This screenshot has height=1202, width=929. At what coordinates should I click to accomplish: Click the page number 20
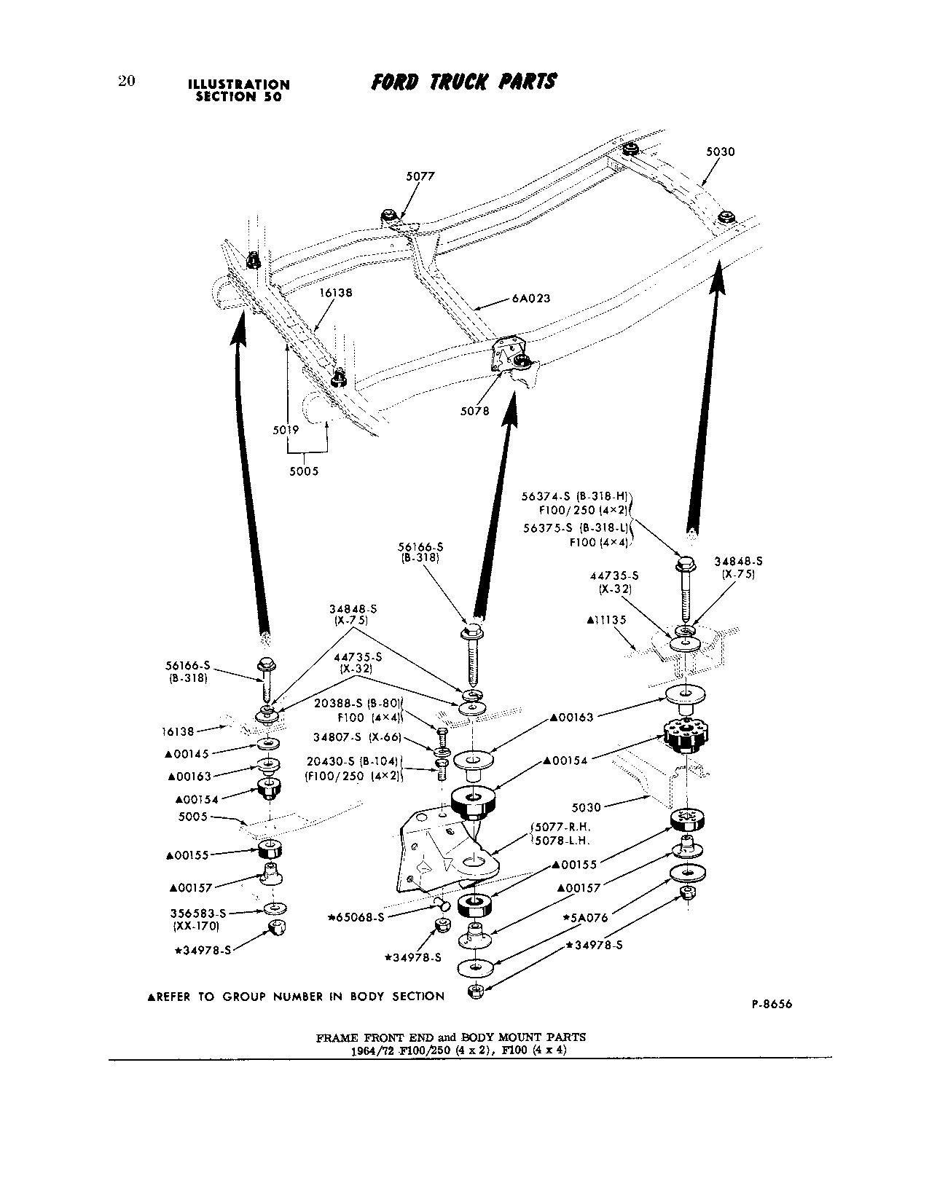pyautogui.click(x=126, y=81)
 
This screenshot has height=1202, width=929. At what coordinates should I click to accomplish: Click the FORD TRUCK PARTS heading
pyautogui.click(x=463, y=82)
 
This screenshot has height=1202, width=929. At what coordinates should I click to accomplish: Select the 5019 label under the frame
pyautogui.click(x=286, y=430)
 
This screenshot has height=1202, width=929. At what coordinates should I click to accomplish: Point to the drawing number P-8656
pyautogui.click(x=771, y=1004)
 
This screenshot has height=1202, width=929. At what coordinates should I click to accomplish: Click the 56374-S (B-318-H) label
pyautogui.click(x=575, y=496)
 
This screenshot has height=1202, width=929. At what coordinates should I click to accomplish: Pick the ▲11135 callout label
pyautogui.click(x=605, y=620)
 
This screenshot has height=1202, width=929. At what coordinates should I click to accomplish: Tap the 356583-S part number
pyautogui.click(x=198, y=913)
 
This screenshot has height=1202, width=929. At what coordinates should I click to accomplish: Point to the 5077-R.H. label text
pyautogui.click(x=560, y=827)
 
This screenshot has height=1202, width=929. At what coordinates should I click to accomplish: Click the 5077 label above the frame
pyautogui.click(x=420, y=176)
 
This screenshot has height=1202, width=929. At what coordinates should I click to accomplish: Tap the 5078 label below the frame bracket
pyautogui.click(x=474, y=411)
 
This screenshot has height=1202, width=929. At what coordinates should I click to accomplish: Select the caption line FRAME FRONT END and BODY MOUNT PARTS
pyautogui.click(x=450, y=1037)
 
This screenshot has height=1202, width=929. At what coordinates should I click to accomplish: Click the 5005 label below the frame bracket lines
pyautogui.click(x=304, y=471)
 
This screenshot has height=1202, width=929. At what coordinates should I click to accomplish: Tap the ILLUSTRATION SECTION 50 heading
pyautogui.click(x=239, y=90)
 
